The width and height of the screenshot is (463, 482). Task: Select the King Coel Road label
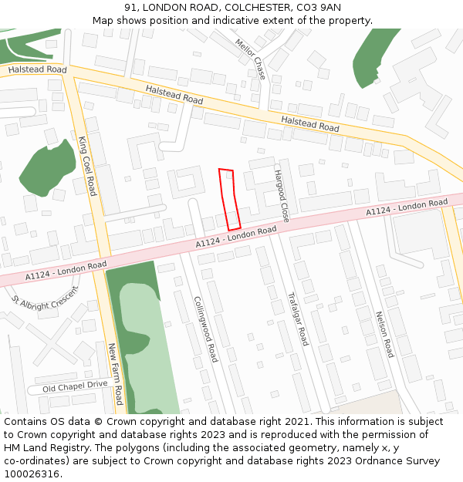click(87, 165)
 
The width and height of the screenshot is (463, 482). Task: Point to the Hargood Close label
click(281, 196)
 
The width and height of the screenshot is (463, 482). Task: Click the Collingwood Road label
click(205, 329)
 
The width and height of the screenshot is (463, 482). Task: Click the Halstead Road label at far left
click(37, 69)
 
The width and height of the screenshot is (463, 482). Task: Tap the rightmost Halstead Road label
click(309, 123)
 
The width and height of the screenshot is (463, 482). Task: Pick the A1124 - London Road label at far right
click(406, 207)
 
